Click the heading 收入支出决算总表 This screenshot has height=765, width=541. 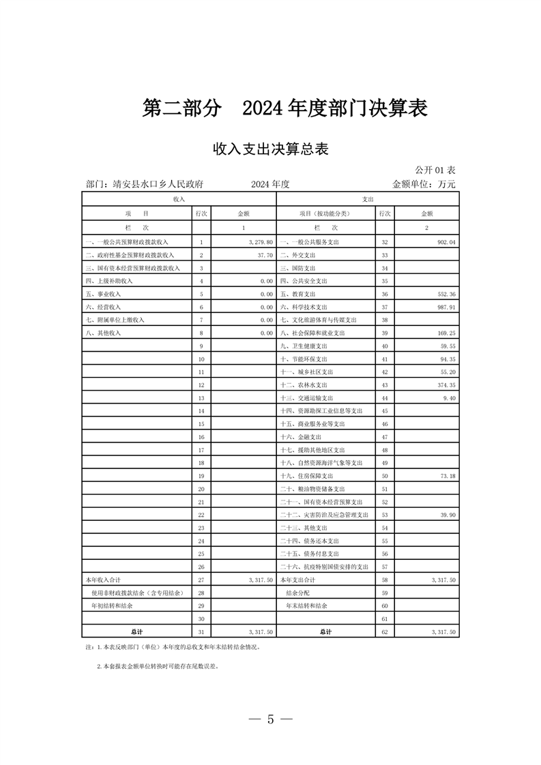[271, 149]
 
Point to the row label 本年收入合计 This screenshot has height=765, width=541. [102, 580]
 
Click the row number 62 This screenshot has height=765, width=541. [385, 632]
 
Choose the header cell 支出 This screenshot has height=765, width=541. [367, 198]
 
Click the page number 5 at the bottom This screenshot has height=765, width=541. [270, 719]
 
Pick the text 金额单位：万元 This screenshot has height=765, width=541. [423, 184]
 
